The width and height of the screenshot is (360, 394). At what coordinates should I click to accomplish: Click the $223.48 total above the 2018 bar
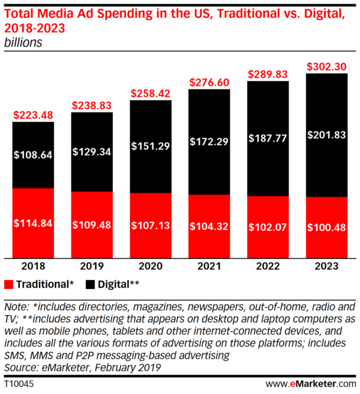(x=34, y=115)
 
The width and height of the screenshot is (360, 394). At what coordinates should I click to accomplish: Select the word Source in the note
(x=20, y=367)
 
